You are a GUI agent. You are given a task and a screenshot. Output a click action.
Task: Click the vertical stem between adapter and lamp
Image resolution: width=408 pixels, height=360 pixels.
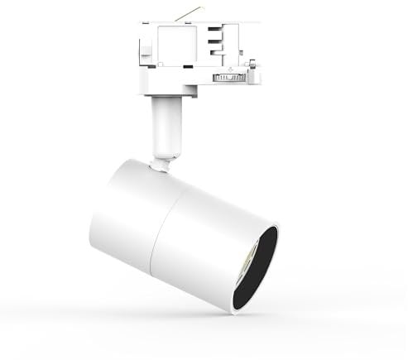tap(166, 124)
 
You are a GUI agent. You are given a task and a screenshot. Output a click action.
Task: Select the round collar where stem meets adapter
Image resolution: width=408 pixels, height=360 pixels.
tap(166, 98)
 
